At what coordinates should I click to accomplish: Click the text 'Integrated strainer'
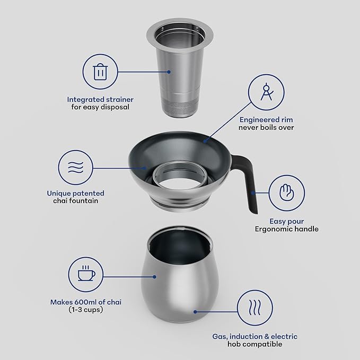click(100, 99)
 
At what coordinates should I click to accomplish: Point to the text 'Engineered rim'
click(266, 120)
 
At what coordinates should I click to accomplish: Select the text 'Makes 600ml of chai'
click(85, 302)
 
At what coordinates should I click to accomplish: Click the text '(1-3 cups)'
click(85, 310)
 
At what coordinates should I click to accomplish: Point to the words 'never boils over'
click(266, 128)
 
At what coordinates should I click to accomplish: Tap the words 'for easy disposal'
click(100, 107)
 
